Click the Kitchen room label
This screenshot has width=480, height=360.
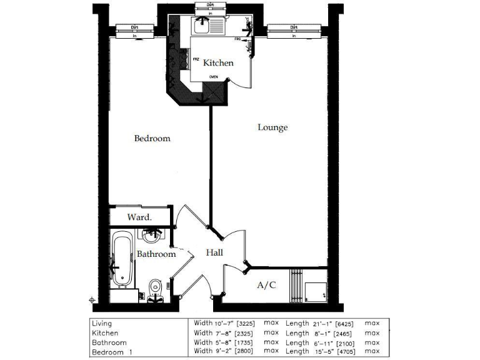(218, 62)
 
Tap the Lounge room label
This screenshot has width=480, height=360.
(272, 127)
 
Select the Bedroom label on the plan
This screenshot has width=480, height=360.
(152, 138)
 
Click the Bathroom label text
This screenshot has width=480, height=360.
(156, 254)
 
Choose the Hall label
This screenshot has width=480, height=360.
(214, 252)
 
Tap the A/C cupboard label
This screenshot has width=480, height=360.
(267, 285)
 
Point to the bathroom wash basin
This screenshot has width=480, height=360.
(151, 236)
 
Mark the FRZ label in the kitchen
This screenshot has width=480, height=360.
(196, 59)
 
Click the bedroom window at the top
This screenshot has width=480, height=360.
(135, 31)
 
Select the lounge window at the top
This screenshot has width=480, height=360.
(293, 31)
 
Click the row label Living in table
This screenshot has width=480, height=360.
(101, 324)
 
